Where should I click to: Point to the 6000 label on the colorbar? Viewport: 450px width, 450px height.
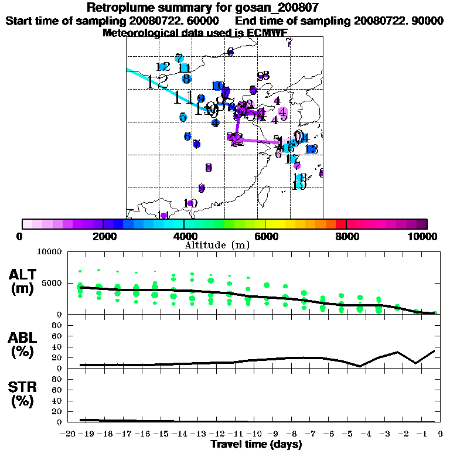(x=265, y=236)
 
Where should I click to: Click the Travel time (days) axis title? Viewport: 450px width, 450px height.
(x=256, y=445)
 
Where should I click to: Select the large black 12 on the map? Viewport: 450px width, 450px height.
(x=158, y=81)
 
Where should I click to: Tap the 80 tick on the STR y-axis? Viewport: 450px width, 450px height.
(x=57, y=379)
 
